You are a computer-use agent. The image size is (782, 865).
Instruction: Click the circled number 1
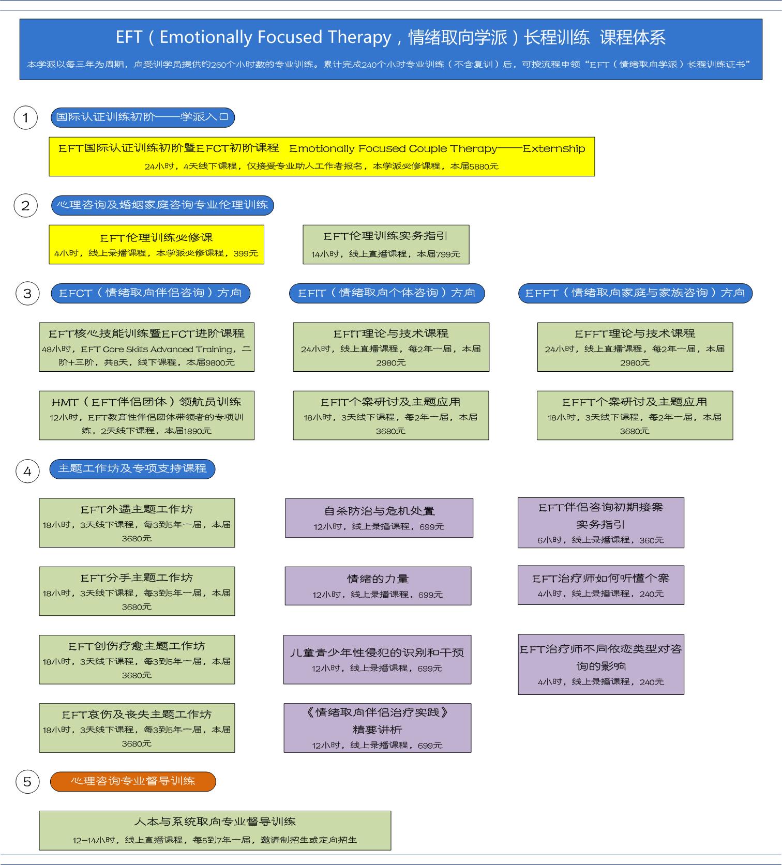coord(25,118)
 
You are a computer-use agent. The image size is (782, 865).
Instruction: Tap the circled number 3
coord(27,294)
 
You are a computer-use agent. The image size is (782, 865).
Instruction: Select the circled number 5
coord(27,781)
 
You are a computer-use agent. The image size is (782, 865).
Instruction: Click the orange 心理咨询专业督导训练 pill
coord(133,781)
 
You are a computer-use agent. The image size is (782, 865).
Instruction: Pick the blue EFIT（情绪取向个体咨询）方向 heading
coord(387,293)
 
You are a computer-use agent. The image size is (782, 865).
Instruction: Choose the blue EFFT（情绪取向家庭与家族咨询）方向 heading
coord(635,293)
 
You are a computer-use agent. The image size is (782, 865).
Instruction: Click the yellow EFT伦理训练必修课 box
coord(156,245)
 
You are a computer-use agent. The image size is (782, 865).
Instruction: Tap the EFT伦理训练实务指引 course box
coord(386,245)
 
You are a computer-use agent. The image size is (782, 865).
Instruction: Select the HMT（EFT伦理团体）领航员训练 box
coord(146,415)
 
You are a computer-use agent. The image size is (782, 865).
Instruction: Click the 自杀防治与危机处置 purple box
coord(379,518)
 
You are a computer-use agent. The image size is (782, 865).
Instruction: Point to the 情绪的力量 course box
coord(378,586)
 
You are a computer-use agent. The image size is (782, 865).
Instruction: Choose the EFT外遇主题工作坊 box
coord(137,523)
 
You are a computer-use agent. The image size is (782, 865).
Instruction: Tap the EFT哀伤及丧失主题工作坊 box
coord(137,727)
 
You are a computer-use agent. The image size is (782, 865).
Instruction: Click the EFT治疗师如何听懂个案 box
coord(601,585)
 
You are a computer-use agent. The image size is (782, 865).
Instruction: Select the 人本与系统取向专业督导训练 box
coord(215,830)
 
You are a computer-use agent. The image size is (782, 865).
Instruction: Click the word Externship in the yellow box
coord(554,149)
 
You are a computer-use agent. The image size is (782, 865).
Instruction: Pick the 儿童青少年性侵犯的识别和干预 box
coord(377,659)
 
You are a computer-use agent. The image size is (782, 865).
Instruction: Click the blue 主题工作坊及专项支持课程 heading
coord(132,469)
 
